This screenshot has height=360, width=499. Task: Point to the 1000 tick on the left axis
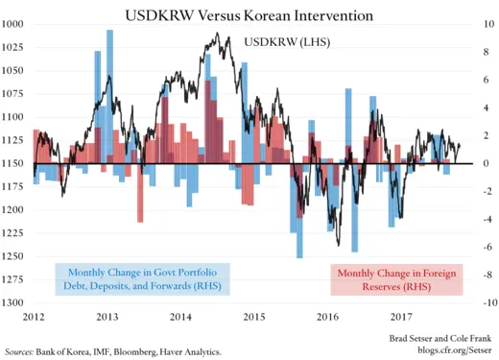pyautogui.click(x=14, y=24)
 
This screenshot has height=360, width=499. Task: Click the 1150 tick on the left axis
pyautogui.click(x=14, y=163)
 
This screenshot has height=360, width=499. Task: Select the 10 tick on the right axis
pyautogui.click(x=484, y=24)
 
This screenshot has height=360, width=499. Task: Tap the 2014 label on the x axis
pyautogui.click(x=181, y=316)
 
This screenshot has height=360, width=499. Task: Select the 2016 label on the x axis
pyautogui.click(x=327, y=316)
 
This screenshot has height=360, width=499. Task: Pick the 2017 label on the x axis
pyautogui.click(x=400, y=316)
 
